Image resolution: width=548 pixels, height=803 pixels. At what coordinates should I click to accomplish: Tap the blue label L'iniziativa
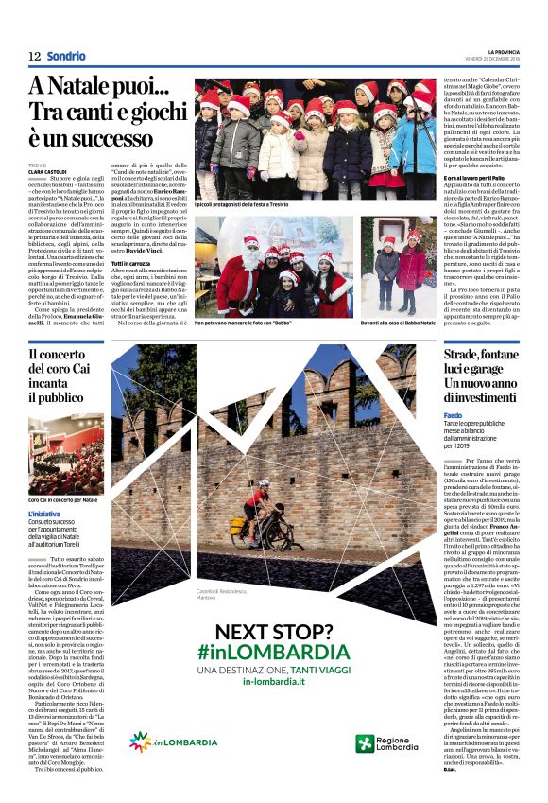45,514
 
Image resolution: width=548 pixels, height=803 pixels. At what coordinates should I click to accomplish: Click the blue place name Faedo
454,414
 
